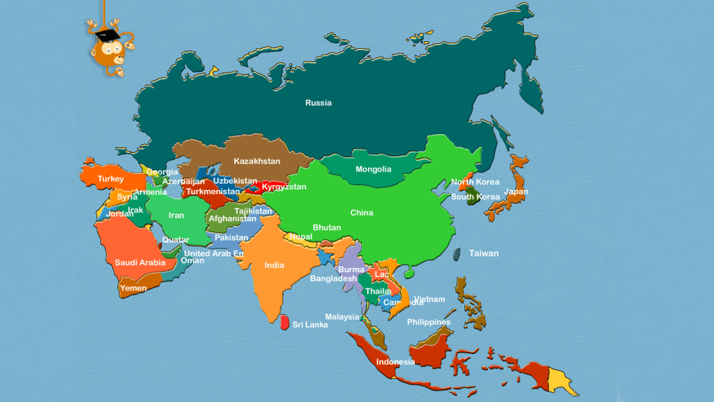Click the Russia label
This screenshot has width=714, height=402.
click(318, 103)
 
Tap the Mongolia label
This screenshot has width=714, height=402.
click(373, 169)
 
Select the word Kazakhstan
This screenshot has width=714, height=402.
click(257, 161)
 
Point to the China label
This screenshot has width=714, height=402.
click(361, 212)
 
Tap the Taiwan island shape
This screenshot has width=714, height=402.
click(457, 255)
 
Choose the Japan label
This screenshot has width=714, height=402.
click(516, 191)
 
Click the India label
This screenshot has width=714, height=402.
click(274, 265)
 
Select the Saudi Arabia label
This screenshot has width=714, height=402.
click(140, 262)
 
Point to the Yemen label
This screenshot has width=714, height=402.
click(133, 288)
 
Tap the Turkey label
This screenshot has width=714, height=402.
click(110, 179)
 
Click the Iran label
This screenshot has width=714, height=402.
click(176, 215)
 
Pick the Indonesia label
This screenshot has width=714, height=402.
click(395, 362)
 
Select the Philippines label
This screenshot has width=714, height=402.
click(429, 322)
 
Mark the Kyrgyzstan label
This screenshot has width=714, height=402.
click(284, 187)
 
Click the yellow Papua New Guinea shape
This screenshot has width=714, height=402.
click(561, 380)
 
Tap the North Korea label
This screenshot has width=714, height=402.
click(475, 182)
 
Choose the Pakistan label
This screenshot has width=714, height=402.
click(231, 237)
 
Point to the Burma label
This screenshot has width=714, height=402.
click(351, 269)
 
